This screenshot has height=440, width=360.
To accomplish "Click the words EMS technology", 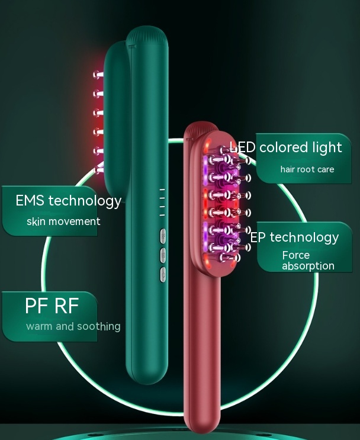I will click(x=68, y=201).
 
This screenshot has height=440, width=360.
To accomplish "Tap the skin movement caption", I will click(x=63, y=221).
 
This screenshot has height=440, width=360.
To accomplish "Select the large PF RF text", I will click(x=52, y=306).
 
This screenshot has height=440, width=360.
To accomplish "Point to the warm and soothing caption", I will click(x=73, y=326).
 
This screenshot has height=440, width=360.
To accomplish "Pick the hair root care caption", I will click(x=307, y=169).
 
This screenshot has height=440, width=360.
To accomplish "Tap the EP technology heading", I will click(x=294, y=237).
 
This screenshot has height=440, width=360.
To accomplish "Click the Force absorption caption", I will click(x=307, y=261).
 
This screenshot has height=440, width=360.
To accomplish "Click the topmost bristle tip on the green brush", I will click(x=96, y=75).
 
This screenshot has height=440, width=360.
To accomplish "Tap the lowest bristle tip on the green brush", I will click(x=98, y=169).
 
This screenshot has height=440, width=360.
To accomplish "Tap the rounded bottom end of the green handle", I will click(x=146, y=377).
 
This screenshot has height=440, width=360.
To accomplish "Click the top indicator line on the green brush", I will click(x=162, y=190).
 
